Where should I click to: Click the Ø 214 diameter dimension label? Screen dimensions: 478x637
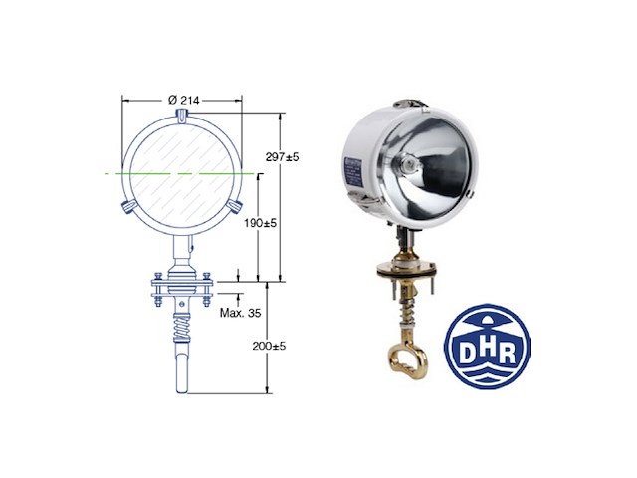click(x=182, y=100)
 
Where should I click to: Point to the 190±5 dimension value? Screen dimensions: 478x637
click(x=260, y=224)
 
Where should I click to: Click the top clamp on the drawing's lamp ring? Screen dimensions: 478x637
click(x=181, y=117)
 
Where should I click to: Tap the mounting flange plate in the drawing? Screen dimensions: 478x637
click(x=181, y=289)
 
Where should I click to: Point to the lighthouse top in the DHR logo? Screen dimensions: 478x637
click(x=487, y=317)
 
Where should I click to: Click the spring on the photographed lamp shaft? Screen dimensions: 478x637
click(x=406, y=309)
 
